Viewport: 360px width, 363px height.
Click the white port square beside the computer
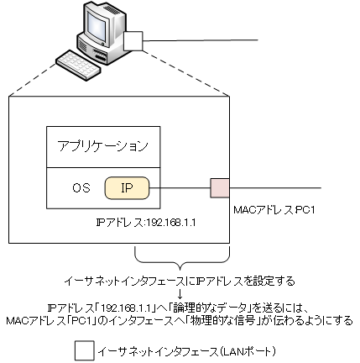click(x=134, y=42)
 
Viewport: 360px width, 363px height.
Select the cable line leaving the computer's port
click(x=210, y=41)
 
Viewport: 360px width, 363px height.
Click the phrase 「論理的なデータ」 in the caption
click(x=209, y=307)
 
